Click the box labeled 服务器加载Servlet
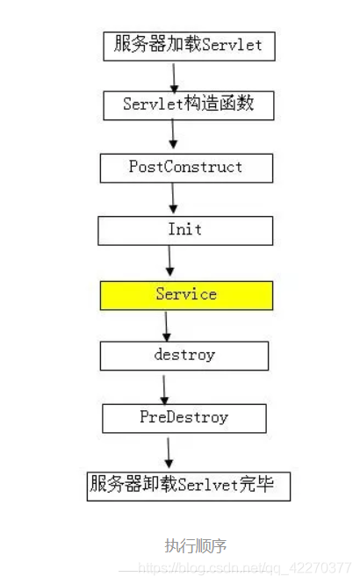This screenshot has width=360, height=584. pyautogui.click(x=189, y=47)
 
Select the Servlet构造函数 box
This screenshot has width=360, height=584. pyautogui.click(x=189, y=105)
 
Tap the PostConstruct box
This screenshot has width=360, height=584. pyautogui.click(x=186, y=168)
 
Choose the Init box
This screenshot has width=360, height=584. pyautogui.click(x=185, y=231)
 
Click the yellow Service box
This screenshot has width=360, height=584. pyautogui.click(x=186, y=296)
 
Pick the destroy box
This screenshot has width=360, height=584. pyautogui.click(x=184, y=356)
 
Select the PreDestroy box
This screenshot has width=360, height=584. pyautogui.click(x=184, y=419)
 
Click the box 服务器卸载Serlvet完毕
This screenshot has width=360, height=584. pyautogui.click(x=189, y=487)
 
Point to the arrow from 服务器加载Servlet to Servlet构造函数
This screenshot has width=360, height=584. pyautogui.click(x=174, y=77)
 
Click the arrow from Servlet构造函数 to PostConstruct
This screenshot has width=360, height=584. pyautogui.click(x=173, y=133)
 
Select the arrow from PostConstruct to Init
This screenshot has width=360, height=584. pyautogui.click(x=173, y=198)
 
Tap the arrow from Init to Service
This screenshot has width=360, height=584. pyautogui.click(x=169, y=261)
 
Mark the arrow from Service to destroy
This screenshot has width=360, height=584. pyautogui.click(x=167, y=327)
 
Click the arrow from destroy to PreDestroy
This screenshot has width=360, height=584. pyautogui.click(x=164, y=390)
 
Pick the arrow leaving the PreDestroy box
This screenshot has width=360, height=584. pyautogui.click(x=169, y=453)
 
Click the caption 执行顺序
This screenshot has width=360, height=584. pyautogui.click(x=196, y=546)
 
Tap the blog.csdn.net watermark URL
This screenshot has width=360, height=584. pyautogui.click(x=245, y=568)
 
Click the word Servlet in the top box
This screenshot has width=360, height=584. pyautogui.click(x=232, y=45)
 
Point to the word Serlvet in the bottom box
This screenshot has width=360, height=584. pyautogui.click(x=207, y=485)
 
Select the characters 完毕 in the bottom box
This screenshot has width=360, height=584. pyautogui.click(x=256, y=484)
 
